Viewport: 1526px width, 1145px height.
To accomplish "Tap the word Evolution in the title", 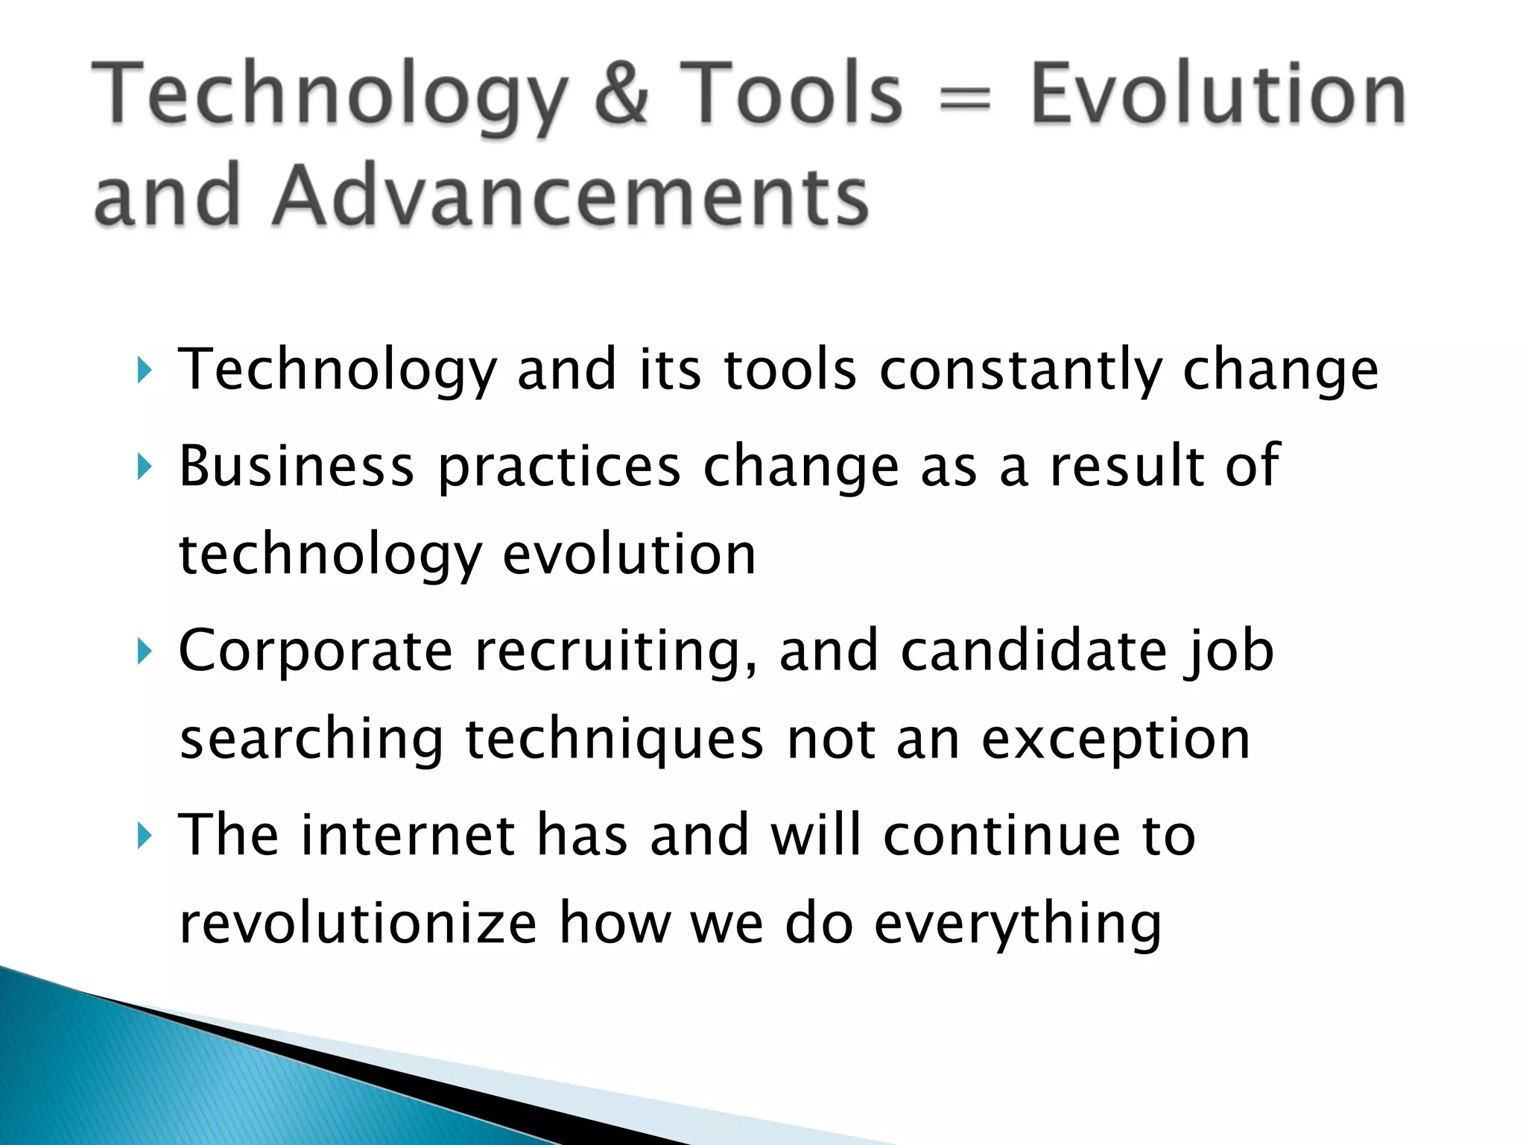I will tap(1218, 95).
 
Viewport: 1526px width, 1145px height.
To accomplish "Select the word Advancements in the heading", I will tap(571, 196).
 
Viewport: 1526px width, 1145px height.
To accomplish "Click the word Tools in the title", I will tap(791, 95).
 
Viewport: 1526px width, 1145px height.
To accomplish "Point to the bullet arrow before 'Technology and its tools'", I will tap(145, 370).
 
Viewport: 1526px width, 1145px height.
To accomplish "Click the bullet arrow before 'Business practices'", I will tap(145, 468).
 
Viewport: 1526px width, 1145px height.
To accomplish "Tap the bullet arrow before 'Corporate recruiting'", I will tap(145, 652).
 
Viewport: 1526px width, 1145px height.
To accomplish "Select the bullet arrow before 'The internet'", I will tap(145, 836).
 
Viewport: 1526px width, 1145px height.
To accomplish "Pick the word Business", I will tap(297, 467).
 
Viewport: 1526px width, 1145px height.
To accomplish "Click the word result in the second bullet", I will tap(1127, 467).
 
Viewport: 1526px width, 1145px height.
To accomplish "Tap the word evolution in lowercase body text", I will tap(630, 555).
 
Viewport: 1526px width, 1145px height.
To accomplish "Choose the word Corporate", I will tap(316, 651).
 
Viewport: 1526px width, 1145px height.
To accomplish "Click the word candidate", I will tap(1033, 651).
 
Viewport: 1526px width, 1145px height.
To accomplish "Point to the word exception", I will tap(1115, 742).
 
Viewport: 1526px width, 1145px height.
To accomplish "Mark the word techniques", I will tap(615, 742).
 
